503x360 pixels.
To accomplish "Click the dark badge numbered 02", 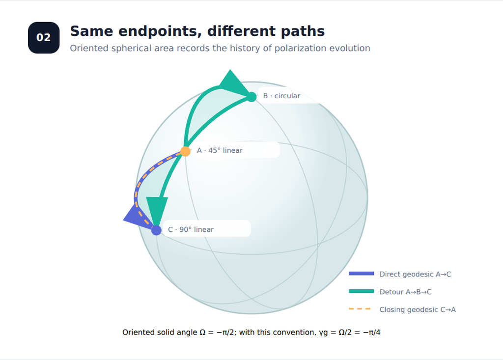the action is click(44, 37).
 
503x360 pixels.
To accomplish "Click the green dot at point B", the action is click(252, 97).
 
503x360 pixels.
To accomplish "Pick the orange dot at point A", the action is click(185, 151).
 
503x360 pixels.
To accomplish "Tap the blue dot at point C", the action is click(156, 230).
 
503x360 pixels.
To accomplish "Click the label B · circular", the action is click(281, 96).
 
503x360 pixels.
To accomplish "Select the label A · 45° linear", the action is click(220, 150).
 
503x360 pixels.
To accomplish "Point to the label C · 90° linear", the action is click(191, 229).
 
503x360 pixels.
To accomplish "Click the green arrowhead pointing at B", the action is click(233, 83).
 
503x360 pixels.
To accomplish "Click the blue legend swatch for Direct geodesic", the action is click(362, 274).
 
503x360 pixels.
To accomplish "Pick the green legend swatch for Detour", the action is click(362, 291).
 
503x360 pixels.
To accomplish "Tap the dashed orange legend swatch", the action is click(360, 309).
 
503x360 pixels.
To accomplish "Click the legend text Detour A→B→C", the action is click(405, 292).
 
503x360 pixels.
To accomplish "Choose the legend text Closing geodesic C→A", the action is click(418, 309).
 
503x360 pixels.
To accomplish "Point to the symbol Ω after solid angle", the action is click(202, 332).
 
